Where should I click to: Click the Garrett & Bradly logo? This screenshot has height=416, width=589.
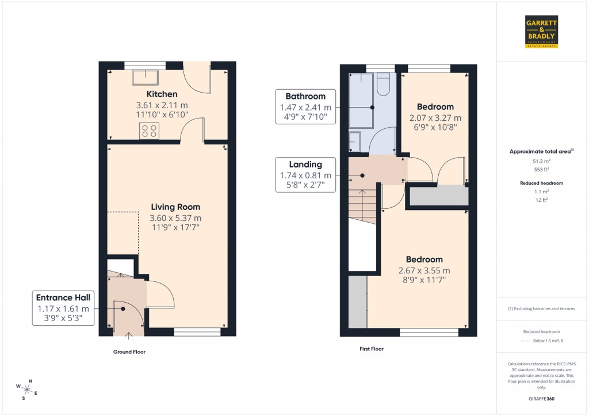click(542, 32)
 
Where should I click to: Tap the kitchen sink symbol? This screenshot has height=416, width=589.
click(146, 77)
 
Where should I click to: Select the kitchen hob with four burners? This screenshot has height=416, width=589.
click(150, 131)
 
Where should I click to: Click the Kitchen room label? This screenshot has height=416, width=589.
click(162, 94)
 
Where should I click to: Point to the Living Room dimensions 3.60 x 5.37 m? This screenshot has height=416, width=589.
click(175, 218)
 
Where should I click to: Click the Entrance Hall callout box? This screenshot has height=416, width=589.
click(63, 308)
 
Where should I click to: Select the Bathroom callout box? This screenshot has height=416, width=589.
click(305, 107)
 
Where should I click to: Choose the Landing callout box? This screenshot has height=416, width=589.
click(305, 175)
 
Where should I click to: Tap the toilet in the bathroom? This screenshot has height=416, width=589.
click(383, 85)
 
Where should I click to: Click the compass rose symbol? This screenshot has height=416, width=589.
click(28, 389)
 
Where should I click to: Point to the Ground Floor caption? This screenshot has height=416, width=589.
click(129, 352)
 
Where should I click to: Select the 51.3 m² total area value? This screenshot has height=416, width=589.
click(541, 162)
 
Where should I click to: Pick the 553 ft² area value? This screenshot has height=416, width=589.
click(541, 170)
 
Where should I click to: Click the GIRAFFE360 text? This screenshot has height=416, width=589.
click(542, 398)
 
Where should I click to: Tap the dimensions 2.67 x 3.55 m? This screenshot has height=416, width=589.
click(424, 270)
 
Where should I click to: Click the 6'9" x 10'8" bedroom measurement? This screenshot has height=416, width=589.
click(435, 128)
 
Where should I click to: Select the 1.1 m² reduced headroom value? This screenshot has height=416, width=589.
click(541, 192)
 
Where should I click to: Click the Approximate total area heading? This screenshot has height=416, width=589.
click(541, 151)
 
